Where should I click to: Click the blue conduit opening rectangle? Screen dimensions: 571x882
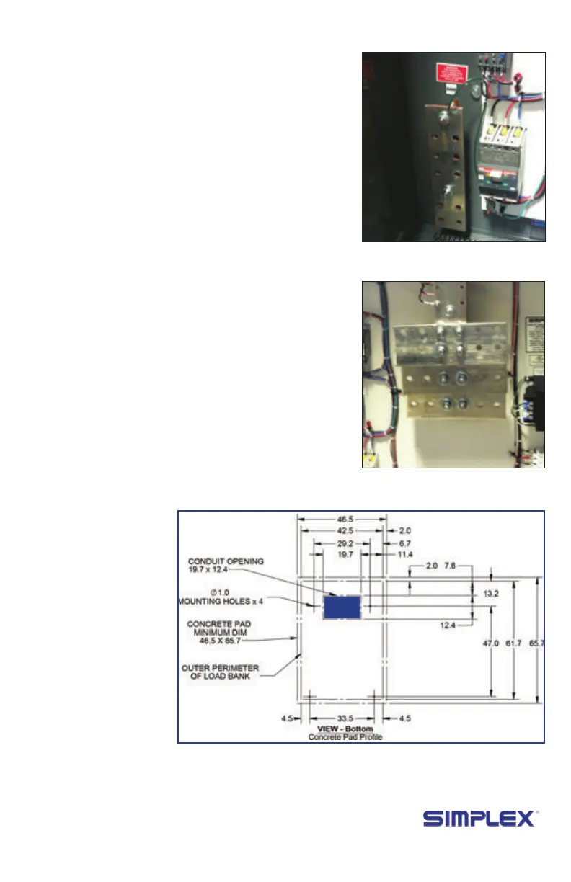click(x=342, y=607)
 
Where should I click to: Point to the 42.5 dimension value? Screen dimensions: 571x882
click(x=342, y=532)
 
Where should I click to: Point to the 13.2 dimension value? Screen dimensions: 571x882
click(x=490, y=594)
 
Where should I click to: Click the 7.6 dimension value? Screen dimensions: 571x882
click(x=450, y=566)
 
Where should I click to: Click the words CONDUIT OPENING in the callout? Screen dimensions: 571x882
click(x=226, y=561)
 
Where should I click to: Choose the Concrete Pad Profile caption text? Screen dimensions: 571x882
click(x=345, y=737)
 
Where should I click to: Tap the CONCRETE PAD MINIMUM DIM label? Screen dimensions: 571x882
click(x=223, y=631)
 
